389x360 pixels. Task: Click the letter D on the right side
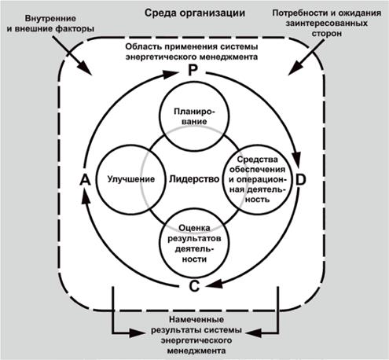coord(301,180)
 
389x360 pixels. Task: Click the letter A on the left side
coord(84,180)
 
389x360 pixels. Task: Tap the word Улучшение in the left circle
coord(123,179)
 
